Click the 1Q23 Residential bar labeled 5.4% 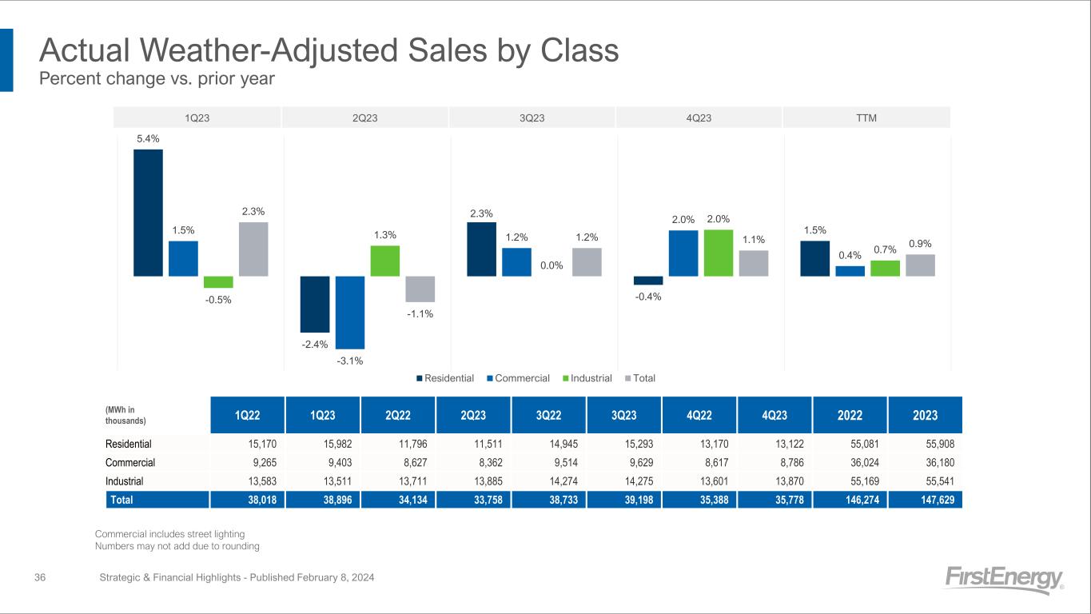(148, 213)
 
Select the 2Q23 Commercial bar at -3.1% (350, 312)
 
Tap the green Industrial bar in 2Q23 (384, 261)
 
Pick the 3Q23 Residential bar (481, 249)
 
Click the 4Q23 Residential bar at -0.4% (648, 281)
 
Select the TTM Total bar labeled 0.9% (920, 265)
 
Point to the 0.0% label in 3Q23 (551, 265)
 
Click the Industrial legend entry (591, 378)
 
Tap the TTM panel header (866, 118)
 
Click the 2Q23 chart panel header (364, 118)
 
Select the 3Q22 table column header (549, 415)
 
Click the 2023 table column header (926, 415)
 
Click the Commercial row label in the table (130, 462)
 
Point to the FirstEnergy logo (1004, 579)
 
